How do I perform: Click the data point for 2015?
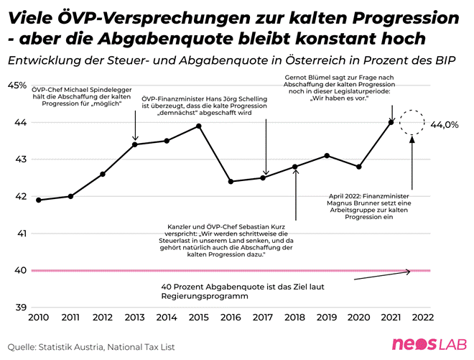pyautogui.click(x=199, y=126)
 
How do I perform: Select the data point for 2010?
pyautogui.click(x=38, y=200)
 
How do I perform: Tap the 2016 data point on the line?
pyautogui.click(x=231, y=182)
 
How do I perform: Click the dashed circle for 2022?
pyautogui.click(x=412, y=123)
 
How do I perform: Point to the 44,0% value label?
pyautogui.click(x=444, y=124)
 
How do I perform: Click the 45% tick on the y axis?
pyautogui.click(x=17, y=86)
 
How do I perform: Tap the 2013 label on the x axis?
pyautogui.click(x=134, y=316)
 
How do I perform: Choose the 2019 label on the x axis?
pyautogui.click(x=327, y=316)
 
